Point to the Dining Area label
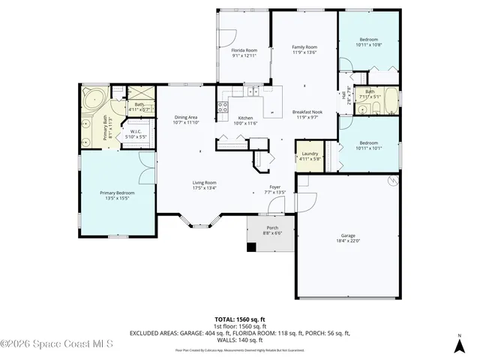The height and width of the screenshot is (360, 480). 185,118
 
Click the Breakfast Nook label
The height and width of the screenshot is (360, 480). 304,112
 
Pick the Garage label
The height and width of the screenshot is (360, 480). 347,237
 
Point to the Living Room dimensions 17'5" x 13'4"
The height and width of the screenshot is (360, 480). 204,187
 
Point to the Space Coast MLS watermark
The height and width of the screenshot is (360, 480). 56,344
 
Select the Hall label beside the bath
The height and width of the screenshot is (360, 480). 344,95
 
